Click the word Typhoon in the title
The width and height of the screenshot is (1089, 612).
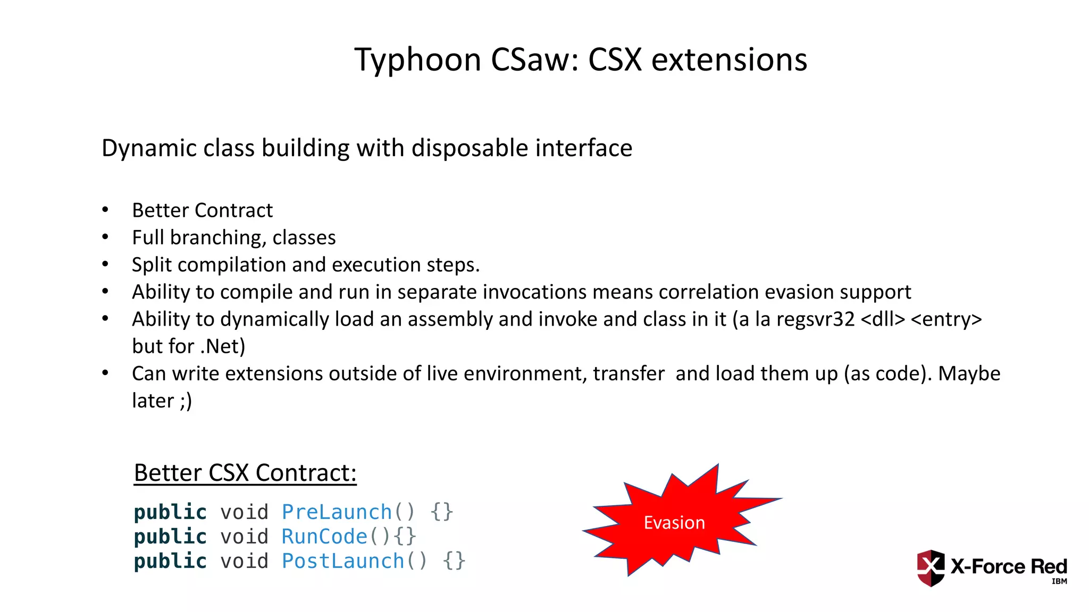tap(417, 59)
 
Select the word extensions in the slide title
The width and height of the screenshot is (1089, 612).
tap(729, 59)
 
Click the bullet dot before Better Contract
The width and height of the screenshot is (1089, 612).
tap(105, 210)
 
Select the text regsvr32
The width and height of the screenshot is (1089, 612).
tap(815, 319)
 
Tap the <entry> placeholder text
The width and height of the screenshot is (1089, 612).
tap(946, 319)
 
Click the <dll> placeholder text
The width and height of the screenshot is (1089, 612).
tap(882, 319)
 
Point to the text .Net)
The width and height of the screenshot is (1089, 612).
tap(223, 346)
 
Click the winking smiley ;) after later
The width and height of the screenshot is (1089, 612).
tap(186, 401)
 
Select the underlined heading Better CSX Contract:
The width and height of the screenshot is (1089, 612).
tap(245, 473)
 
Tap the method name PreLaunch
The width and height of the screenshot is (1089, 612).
tap(337, 512)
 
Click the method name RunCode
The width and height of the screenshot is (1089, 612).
tap(324, 537)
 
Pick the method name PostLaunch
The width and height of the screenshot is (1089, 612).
tap(343, 561)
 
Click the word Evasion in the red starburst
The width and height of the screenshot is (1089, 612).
tap(674, 523)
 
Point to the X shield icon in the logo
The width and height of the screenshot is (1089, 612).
tap(931, 567)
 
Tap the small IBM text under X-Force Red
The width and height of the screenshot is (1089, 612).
tap(1059, 581)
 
